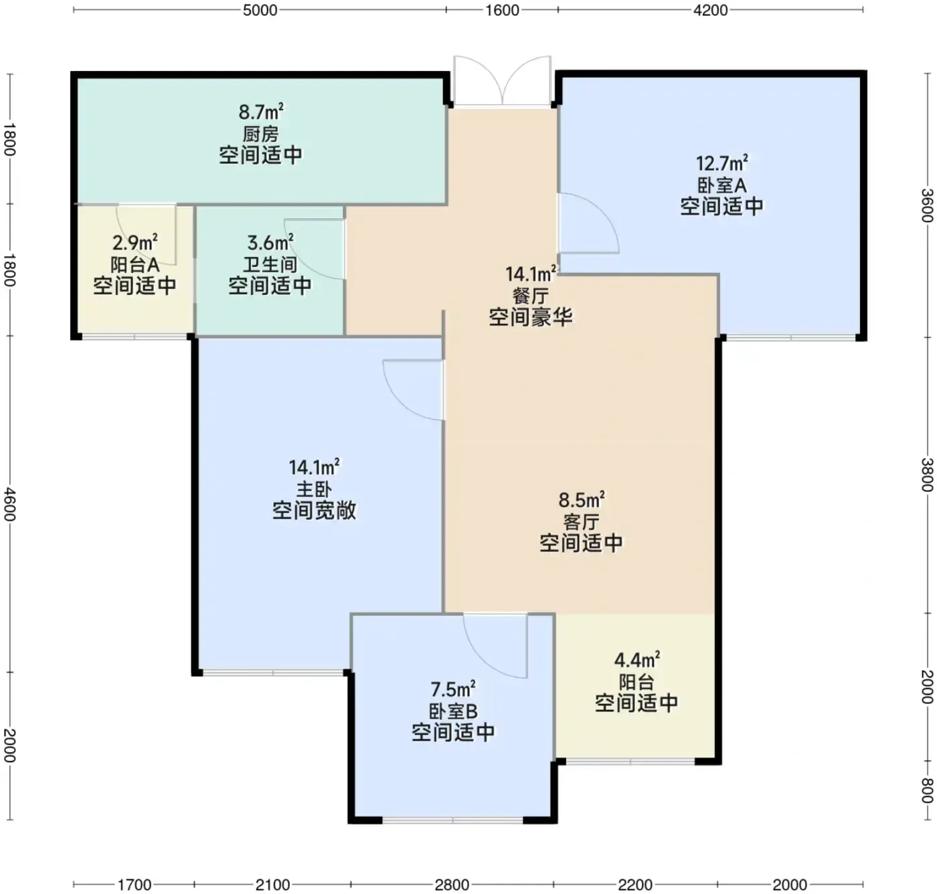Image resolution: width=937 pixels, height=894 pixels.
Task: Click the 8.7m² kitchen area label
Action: point(261,112)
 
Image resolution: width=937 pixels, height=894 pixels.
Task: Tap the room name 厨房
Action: point(260,134)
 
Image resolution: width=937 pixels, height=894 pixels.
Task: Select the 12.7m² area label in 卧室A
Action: point(721,163)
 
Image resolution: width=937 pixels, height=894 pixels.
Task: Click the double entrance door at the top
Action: point(503,81)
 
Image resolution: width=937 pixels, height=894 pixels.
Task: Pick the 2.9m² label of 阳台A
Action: point(135,242)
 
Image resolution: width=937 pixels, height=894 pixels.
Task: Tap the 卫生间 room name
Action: point(270,264)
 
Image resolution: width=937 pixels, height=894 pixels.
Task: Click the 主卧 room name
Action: point(314,489)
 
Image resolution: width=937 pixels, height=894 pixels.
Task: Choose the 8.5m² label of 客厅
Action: point(582,501)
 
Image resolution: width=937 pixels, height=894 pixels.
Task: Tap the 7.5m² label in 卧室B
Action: point(453,689)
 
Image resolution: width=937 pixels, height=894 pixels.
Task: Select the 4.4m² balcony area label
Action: point(636,660)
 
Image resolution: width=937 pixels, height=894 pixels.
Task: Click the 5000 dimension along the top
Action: point(260,10)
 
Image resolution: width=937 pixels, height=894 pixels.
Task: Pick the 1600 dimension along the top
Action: point(503,10)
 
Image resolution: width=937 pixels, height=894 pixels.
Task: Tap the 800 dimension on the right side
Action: point(926,790)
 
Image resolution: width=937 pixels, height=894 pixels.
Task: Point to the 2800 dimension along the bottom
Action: point(452,885)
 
